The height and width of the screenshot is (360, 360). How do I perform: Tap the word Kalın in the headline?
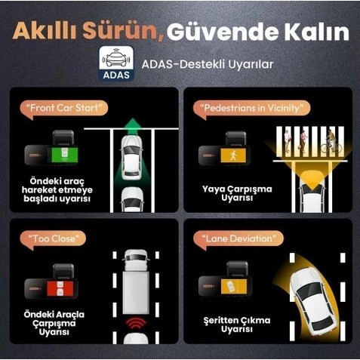(317, 32)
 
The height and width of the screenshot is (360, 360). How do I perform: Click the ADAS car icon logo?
(116, 63)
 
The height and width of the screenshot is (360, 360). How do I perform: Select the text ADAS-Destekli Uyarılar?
(208, 64)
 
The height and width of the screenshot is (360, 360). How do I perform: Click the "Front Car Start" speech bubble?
(63, 109)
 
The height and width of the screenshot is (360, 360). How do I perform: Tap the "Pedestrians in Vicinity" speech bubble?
(251, 109)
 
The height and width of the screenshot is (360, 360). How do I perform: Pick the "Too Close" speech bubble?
(53, 239)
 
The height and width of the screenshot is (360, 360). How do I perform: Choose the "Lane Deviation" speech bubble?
(238, 239)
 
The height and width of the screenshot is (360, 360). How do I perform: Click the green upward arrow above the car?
(133, 127)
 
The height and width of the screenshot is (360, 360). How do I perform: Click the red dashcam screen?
(60, 288)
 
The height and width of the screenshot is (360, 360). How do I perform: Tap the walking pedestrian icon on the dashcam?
(233, 155)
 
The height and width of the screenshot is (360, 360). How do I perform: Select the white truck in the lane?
(136, 282)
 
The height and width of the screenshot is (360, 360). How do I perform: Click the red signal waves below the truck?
(136, 324)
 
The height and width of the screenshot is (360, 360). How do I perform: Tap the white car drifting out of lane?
(312, 301)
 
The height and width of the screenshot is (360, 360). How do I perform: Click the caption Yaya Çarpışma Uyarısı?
(237, 193)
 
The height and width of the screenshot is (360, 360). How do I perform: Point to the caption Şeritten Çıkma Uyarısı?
(237, 325)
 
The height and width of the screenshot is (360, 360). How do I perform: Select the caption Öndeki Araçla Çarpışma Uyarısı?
(54, 323)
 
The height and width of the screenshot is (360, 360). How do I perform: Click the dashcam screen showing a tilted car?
(234, 286)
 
